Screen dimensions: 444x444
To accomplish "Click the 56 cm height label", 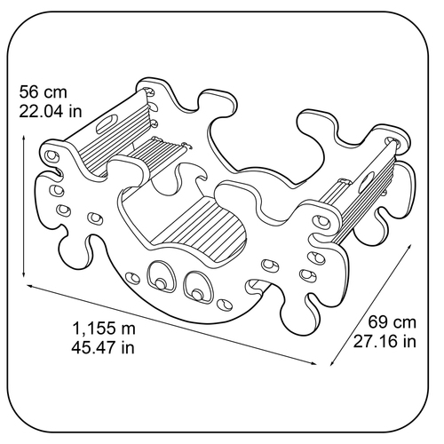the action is pos(44,91).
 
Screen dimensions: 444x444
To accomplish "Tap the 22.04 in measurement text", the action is pos(51,112).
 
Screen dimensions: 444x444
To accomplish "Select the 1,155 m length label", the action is pos(104,329).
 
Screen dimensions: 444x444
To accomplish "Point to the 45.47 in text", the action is pos(103,347).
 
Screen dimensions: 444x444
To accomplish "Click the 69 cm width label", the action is pos(392,321).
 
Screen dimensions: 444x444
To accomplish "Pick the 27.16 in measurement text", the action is pos(385,341).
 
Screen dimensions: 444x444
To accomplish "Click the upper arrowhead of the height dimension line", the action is pos(24,138).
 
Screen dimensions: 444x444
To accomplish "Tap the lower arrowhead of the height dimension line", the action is pos(24,274).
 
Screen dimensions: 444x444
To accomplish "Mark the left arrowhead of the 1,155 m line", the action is pos(31,286).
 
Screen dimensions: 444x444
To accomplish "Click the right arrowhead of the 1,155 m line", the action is pos(313,363).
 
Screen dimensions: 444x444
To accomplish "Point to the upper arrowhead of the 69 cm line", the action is pos(408,247).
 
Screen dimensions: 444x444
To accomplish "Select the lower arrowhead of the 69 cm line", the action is pos(333,362).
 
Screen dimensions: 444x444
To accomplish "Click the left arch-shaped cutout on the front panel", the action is pos(162,276).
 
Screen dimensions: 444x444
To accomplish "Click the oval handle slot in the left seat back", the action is pos(107,123).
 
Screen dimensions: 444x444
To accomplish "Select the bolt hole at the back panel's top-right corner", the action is pos(393,141).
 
